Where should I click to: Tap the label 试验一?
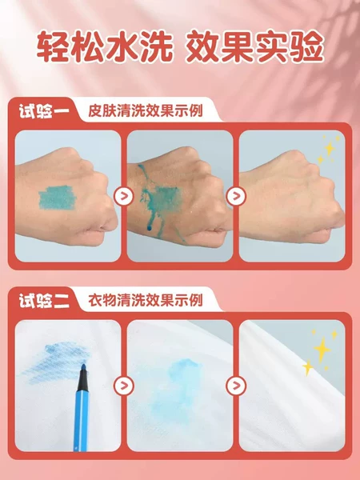(x=44, y=111)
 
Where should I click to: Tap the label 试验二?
(x=44, y=301)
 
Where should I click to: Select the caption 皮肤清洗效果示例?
(x=146, y=111)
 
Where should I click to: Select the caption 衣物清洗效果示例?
(x=146, y=300)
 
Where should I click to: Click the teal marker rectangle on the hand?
(x=57, y=198)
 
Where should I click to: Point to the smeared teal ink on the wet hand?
(x=161, y=199)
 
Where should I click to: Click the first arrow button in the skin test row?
(x=124, y=196)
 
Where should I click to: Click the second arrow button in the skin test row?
(x=236, y=196)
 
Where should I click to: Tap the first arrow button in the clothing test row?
(x=124, y=386)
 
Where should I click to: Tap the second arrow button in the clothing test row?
(x=236, y=386)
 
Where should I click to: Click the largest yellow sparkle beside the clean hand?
(x=330, y=149)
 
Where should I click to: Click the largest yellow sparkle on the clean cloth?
(x=322, y=350)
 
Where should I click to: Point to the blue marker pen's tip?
(x=83, y=366)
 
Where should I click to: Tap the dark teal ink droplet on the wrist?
(x=149, y=228)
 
